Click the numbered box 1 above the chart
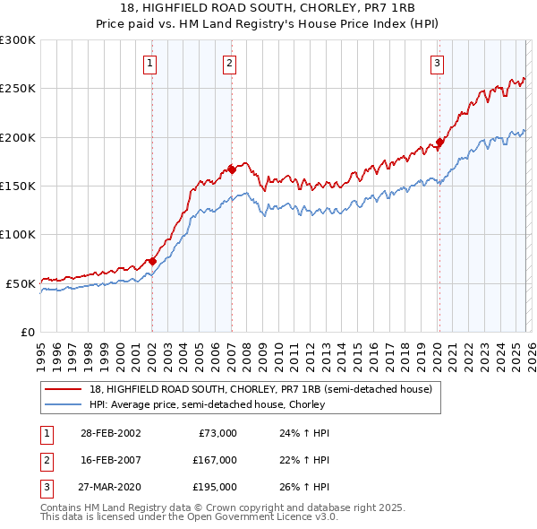coord(149,63)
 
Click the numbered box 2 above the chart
coord(230,63)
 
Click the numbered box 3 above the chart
coord(437,63)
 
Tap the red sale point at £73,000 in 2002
coord(152,261)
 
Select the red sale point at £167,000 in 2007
coord(231,169)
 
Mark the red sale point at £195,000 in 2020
coord(439,142)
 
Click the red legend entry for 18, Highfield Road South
coord(260,389)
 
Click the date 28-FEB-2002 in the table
coord(111,433)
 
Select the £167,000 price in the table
coord(215,460)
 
